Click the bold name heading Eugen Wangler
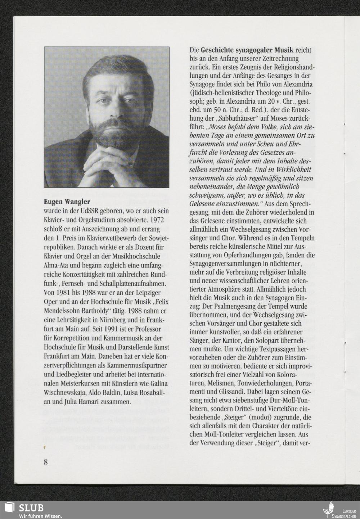pyautogui.click(x=67, y=202)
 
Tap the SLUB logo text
pyautogui.click(x=31, y=507)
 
